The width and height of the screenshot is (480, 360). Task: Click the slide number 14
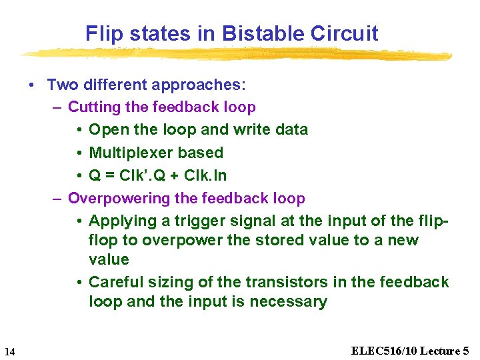click(x=9, y=351)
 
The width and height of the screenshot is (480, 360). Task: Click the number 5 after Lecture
click(x=465, y=351)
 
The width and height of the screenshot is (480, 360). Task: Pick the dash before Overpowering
click(x=57, y=198)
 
